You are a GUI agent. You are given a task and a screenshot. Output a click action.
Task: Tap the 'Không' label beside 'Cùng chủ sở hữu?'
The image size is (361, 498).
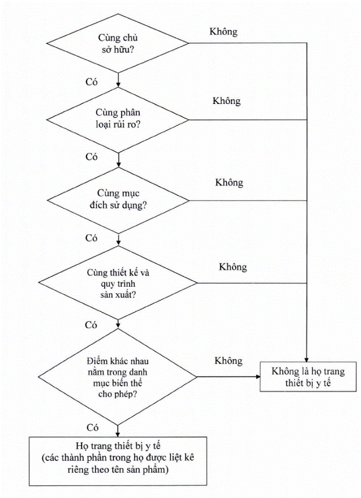pos(223,32)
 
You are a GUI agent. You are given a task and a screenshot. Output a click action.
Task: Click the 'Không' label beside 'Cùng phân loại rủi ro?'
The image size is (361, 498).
pos(227,101)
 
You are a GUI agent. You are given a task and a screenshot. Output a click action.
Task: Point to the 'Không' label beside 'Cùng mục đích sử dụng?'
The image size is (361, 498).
pos(229,183)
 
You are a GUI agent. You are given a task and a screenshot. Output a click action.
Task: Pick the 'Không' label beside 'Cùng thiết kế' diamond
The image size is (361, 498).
pos(233,267)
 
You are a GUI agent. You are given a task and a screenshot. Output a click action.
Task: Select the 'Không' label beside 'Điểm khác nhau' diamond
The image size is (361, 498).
pos(229,361)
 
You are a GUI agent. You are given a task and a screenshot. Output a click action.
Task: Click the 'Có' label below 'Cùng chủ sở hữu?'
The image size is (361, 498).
pos(92,82)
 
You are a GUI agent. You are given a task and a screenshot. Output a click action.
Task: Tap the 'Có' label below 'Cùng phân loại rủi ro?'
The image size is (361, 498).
pos(92,157)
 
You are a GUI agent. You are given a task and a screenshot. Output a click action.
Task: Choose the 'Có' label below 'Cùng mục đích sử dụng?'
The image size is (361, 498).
pos(92,238)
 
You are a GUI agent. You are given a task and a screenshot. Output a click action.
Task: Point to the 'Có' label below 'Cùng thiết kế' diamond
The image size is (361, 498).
pos(91,325)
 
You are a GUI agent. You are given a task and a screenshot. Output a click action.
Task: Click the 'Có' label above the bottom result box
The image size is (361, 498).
pos(93,428)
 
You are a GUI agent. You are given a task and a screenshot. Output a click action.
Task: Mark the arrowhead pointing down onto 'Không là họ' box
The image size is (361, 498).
pos(306,360)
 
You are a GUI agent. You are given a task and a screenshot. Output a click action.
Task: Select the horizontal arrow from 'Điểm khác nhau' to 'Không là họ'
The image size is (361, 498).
pos(229,377)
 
